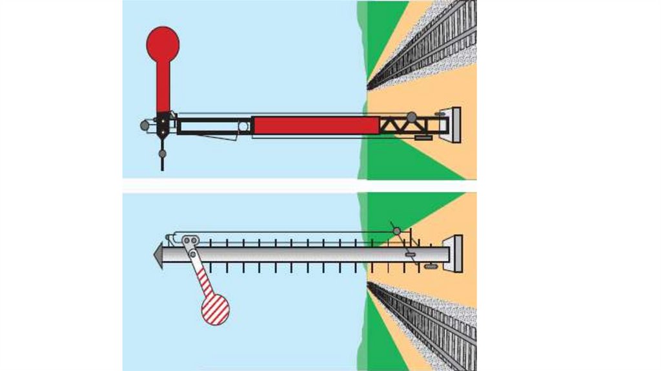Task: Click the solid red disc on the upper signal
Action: pyautogui.click(x=163, y=43)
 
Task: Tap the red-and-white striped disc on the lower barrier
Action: pyautogui.click(x=215, y=309)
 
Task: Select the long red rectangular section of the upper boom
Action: pyautogui.click(x=315, y=125)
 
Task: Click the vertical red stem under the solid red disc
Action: pyautogui.click(x=163, y=87)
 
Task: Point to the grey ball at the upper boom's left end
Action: pyautogui.click(x=145, y=125)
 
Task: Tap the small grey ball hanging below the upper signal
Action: pyautogui.click(x=162, y=154)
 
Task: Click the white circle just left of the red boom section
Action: pyautogui.click(x=243, y=126)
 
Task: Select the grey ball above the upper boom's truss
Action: pyautogui.click(x=411, y=118)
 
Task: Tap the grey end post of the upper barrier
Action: pyautogui.click(x=455, y=125)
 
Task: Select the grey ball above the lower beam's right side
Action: pyautogui.click(x=397, y=231)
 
